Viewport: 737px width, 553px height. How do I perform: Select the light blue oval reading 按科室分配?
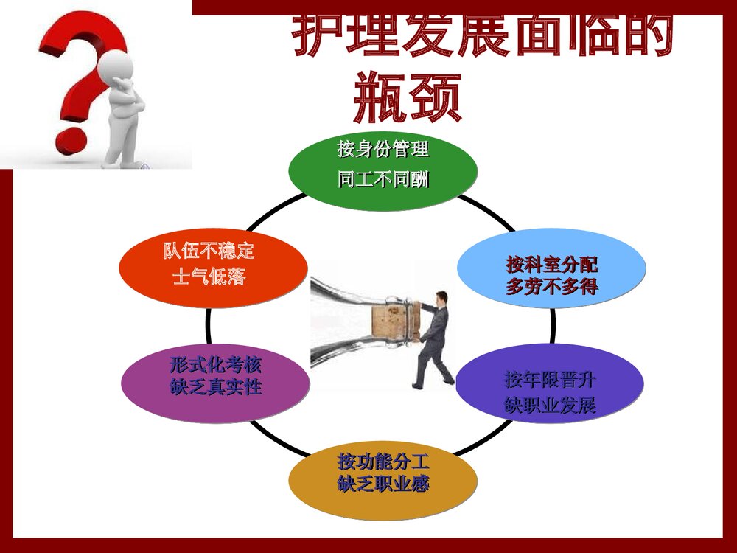551,270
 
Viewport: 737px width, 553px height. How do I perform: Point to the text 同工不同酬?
383,180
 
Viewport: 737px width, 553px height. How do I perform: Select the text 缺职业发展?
550,405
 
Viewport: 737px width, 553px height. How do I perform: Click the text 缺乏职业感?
383,484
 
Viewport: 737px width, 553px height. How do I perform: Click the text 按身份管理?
383,150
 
